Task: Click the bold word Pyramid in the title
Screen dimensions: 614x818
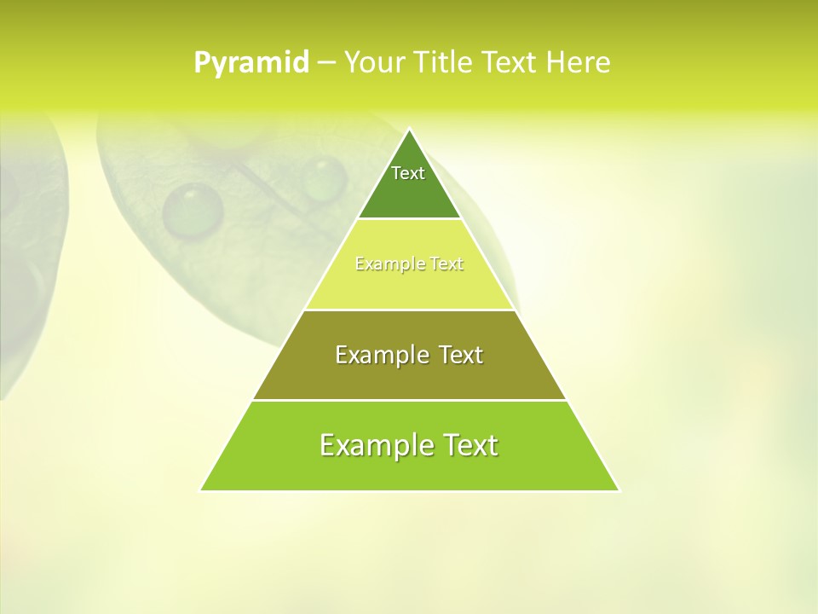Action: click(251, 62)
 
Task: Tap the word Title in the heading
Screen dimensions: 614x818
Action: click(446, 62)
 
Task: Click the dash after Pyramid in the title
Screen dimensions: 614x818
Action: click(325, 63)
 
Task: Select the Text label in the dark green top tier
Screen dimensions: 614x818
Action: click(408, 173)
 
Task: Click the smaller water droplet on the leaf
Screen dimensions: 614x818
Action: click(324, 179)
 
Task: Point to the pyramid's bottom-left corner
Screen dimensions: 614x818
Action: click(201, 489)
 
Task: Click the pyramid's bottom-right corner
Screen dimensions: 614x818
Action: click(619, 489)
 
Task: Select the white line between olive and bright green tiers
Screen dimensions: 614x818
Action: click(410, 400)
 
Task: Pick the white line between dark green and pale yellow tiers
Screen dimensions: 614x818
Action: click(410, 219)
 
